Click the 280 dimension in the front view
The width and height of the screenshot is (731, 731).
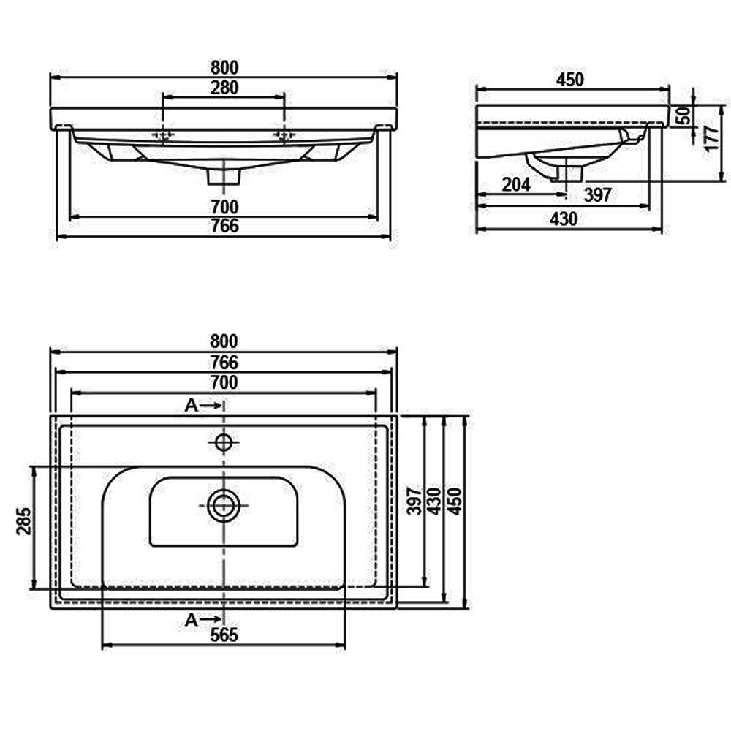point(224,88)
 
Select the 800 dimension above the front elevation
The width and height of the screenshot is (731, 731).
point(224,68)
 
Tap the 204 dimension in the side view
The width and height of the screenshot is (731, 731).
point(516,185)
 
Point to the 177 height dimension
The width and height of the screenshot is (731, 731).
point(711,138)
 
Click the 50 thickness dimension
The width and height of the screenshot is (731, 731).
point(683,115)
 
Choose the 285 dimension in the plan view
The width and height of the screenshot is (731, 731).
point(24,521)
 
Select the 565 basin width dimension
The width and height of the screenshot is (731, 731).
point(224,635)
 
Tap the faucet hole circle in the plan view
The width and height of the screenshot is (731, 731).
point(224,442)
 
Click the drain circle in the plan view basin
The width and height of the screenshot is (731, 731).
point(224,505)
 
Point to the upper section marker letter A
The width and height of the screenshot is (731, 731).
point(191,406)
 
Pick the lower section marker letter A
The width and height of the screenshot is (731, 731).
point(191,620)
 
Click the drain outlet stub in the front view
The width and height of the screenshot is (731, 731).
point(224,176)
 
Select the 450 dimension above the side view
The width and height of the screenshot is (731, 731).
point(569,80)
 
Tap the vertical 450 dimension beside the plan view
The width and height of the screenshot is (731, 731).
point(455,501)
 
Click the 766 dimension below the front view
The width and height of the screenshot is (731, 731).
point(224,226)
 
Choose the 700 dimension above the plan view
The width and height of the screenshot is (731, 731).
point(224,382)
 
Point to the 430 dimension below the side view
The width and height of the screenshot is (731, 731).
point(563,219)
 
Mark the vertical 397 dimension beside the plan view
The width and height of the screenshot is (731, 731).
point(414,501)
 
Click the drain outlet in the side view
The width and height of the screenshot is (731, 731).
point(568,173)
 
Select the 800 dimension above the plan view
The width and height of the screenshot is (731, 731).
point(224,341)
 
